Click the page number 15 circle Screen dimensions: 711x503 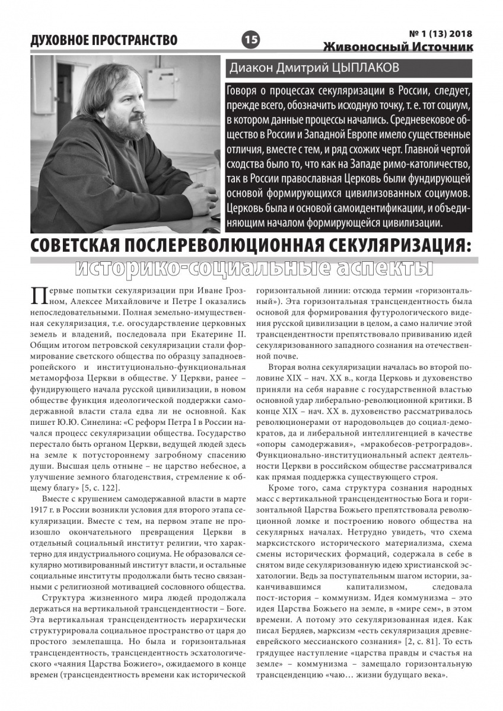[251, 40]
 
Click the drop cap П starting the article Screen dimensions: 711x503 [38, 296]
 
